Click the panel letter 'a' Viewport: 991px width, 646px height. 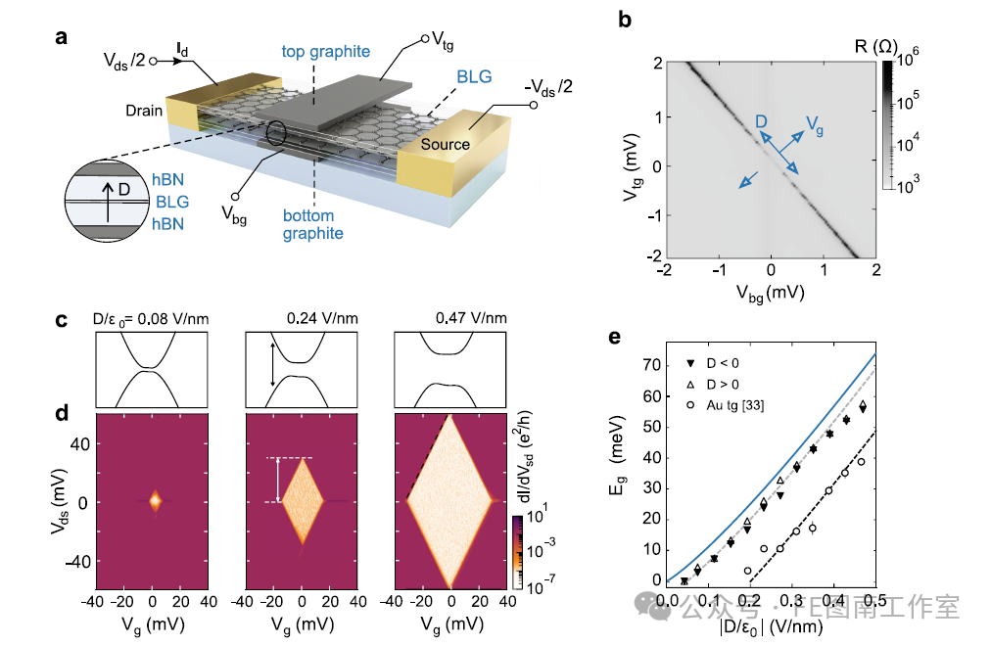pyautogui.click(x=61, y=38)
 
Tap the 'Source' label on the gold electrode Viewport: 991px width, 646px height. pyautogui.click(x=446, y=144)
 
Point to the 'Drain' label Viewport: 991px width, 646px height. pyautogui.click(x=143, y=111)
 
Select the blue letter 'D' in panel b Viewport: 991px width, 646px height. pyautogui.click(x=761, y=121)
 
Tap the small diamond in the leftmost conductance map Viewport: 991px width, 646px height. pyautogui.click(x=154, y=501)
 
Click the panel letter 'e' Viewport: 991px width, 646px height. pyautogui.click(x=615, y=338)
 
